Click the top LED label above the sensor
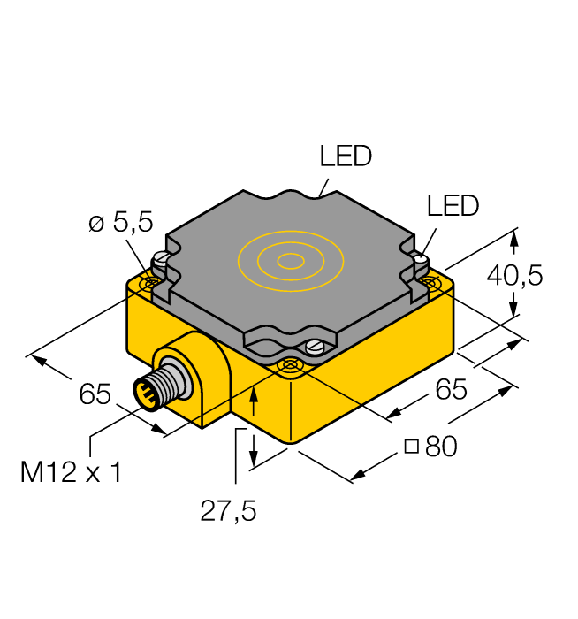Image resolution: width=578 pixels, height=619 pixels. coord(346,157)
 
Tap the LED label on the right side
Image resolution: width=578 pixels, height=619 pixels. coord(452,205)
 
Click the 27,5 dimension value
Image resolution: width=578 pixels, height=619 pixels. coord(227,511)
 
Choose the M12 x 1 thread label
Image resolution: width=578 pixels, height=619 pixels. coord(71,472)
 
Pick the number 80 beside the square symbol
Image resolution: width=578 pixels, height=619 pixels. coord(441,447)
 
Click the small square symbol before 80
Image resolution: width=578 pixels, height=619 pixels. coord(411,447)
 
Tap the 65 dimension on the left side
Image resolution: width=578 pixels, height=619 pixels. coord(95,394)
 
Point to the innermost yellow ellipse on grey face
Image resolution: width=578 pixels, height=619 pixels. coord(290,260)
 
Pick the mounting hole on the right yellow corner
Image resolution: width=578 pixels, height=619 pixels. coord(430,282)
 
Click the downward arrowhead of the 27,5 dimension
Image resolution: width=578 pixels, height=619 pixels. coord(255,460)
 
